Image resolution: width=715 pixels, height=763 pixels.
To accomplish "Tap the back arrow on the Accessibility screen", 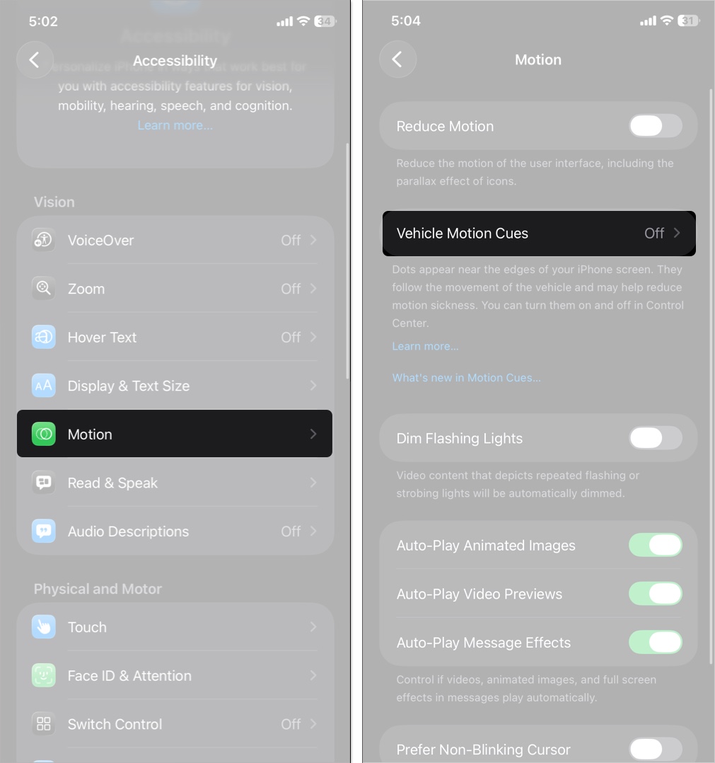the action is coord(35,60).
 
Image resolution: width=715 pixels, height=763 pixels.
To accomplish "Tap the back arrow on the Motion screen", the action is coord(397,59).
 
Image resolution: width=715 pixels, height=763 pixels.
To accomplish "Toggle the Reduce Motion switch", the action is coord(655,126).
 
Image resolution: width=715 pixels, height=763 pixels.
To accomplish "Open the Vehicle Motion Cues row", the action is coord(539,234).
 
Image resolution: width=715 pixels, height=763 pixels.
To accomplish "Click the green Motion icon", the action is coord(44,434).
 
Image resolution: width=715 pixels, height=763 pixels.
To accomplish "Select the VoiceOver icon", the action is coord(44,240).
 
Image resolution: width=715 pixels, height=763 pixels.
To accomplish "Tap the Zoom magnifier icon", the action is coord(44,289).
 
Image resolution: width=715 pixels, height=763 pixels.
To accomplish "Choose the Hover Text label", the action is coord(102,337).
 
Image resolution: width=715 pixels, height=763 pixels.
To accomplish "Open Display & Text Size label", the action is coord(129,386).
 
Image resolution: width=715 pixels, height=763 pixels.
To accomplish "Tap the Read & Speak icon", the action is coord(44,482).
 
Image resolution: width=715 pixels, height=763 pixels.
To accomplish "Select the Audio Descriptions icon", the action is coord(44,531).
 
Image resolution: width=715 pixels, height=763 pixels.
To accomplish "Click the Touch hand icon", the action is coord(44,627).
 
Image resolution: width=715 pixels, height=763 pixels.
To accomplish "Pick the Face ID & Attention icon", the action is coord(44,675).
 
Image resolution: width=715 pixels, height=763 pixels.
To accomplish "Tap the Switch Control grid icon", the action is coord(44,724).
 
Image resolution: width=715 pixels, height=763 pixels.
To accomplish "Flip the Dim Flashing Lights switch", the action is coord(655,438).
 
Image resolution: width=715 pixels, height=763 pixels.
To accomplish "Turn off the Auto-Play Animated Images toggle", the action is coord(655,545).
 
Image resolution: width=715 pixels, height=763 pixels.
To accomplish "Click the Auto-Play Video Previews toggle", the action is coord(655,594).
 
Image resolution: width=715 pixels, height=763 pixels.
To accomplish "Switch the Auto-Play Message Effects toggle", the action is coord(655,643).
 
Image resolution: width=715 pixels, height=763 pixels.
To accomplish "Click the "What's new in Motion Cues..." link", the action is coord(466,378).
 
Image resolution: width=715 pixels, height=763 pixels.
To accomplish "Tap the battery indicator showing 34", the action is coord(325,21).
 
